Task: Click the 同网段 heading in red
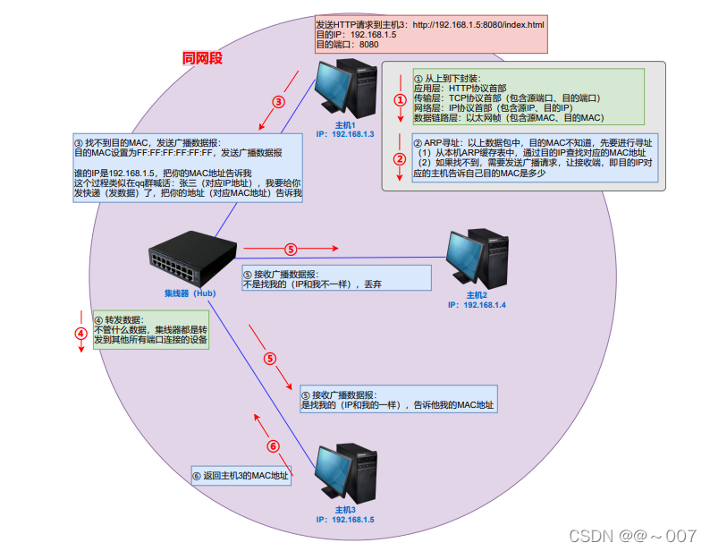201,58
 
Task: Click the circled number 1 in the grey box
400,100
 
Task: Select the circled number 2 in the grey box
400,159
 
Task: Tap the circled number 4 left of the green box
81,335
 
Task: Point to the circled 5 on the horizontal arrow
290,249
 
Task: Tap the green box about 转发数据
150,330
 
